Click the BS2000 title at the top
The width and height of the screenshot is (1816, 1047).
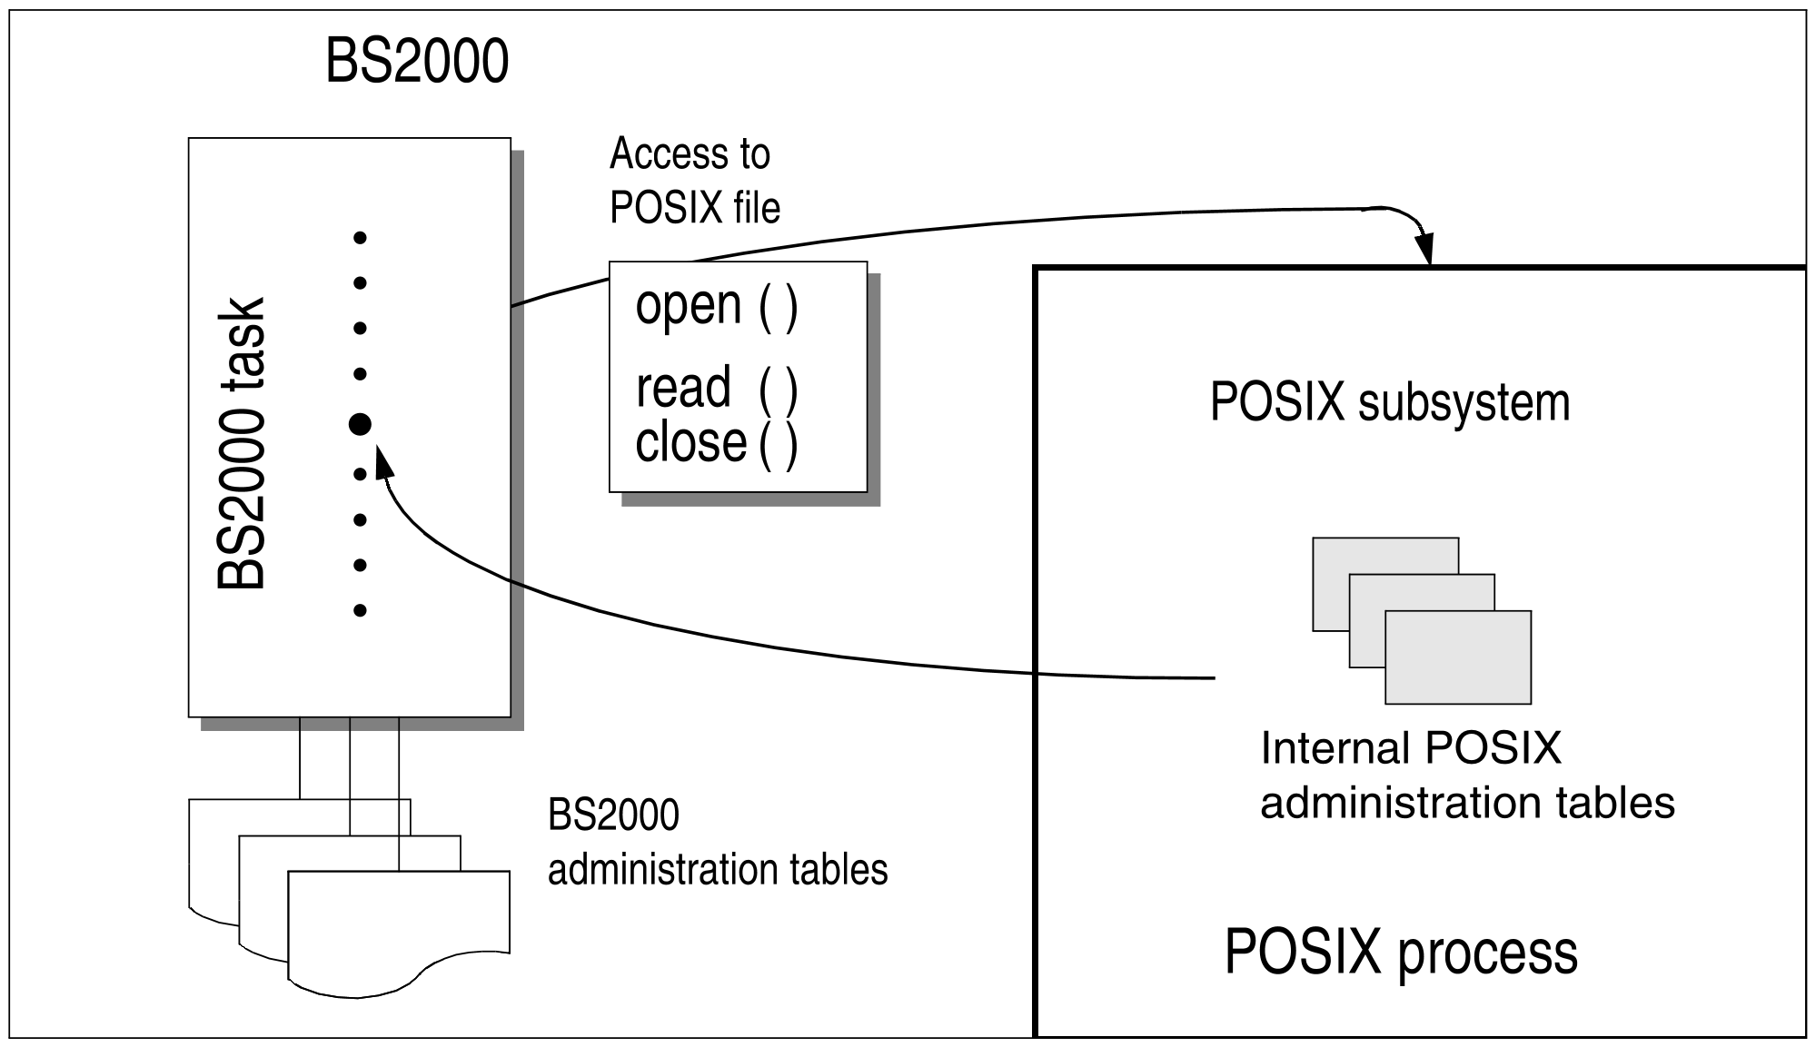417,62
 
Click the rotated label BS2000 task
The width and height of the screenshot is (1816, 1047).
242,443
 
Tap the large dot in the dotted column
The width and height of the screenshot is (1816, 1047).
360,423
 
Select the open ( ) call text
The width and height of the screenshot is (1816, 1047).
716,306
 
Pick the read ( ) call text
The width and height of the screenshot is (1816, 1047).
716,388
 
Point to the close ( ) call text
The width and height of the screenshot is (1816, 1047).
716,443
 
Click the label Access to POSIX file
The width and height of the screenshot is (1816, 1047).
694,181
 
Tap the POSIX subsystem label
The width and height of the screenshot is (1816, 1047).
1389,402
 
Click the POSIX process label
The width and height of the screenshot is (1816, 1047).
1400,952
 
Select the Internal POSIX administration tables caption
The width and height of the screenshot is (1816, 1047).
1466,775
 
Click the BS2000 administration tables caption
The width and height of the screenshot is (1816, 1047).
717,843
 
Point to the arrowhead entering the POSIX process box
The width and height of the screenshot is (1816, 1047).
1424,248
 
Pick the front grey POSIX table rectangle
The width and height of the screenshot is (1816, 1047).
1457,657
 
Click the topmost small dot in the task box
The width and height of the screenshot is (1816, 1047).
360,238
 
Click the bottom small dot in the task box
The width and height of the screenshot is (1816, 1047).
360,610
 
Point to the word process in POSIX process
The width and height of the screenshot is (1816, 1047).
1486,953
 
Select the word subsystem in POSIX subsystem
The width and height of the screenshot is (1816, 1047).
1464,402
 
